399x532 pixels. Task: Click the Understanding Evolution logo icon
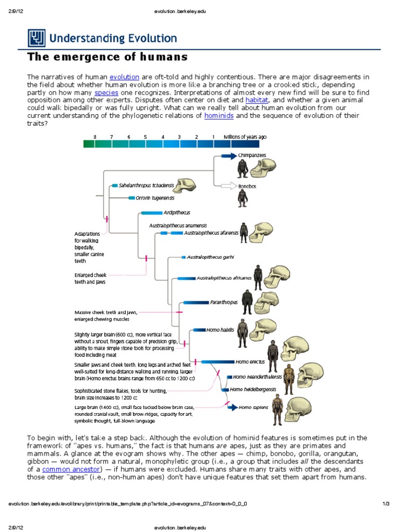(x=36, y=38)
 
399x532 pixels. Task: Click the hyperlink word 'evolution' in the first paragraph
(x=124, y=77)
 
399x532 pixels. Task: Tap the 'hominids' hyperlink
(x=219, y=115)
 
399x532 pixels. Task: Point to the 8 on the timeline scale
(x=95, y=137)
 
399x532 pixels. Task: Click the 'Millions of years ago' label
(x=245, y=137)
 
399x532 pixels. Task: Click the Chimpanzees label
(x=252, y=155)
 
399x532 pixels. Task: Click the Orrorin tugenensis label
(x=155, y=198)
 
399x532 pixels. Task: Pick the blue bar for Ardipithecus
(x=152, y=212)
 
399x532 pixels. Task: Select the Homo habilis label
(x=220, y=329)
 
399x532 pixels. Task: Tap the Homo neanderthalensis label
(x=257, y=377)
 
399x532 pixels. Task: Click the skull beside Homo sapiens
(x=300, y=407)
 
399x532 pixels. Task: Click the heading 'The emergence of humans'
(x=107, y=56)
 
